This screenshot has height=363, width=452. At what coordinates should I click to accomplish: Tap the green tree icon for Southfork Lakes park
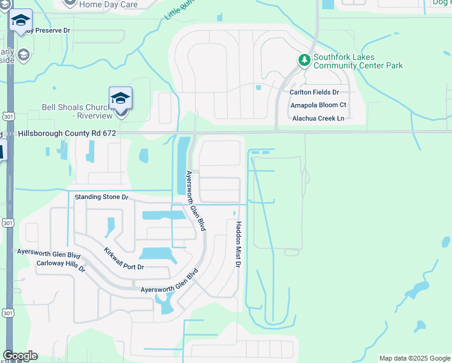click(x=305, y=60)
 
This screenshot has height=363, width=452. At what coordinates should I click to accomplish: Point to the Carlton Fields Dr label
click(x=314, y=92)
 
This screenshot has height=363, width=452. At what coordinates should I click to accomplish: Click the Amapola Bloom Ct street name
click(x=318, y=105)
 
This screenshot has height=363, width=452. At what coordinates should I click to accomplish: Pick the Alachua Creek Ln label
click(x=318, y=118)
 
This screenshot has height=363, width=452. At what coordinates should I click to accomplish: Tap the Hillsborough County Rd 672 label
click(x=66, y=132)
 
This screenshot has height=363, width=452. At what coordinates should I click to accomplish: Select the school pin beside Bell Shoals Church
click(x=120, y=99)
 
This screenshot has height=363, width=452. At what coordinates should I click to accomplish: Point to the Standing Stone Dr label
click(x=102, y=197)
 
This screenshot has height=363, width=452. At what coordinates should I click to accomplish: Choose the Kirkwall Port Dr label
click(x=123, y=259)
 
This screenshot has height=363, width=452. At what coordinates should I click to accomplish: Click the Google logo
click(x=20, y=356)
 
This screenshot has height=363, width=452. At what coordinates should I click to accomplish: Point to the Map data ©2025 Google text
click(x=415, y=358)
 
